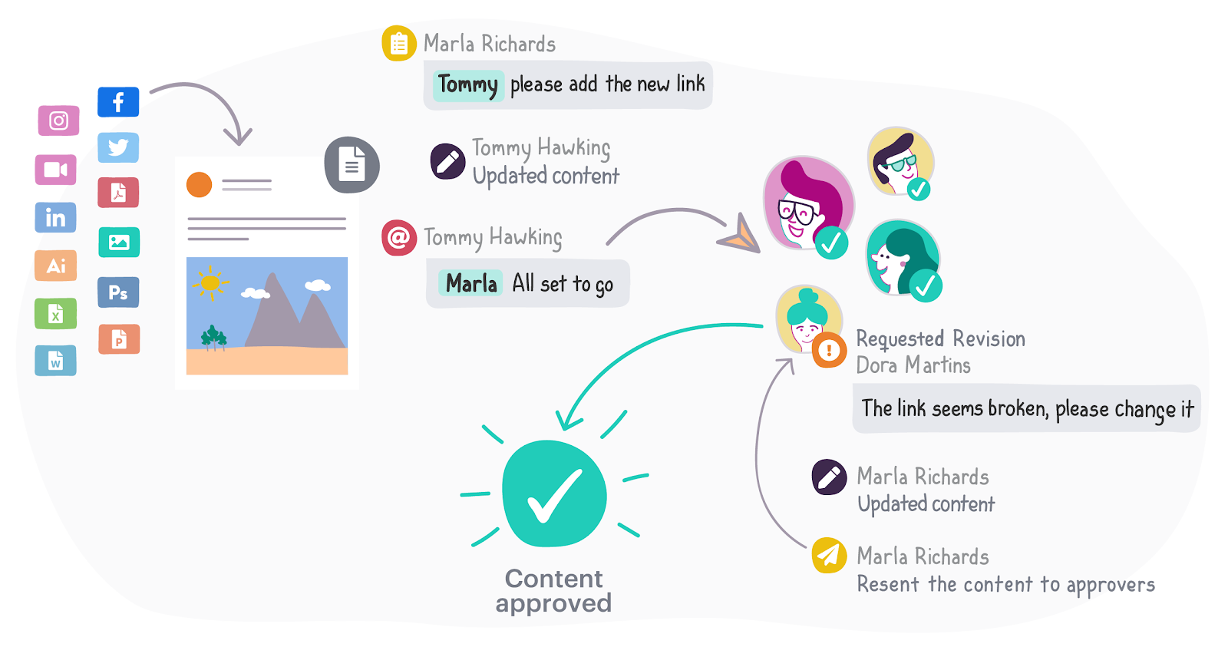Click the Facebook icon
click(x=118, y=102)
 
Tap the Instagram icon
click(x=59, y=120)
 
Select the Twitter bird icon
click(x=118, y=147)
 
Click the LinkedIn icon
click(x=55, y=218)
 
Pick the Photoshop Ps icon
click(x=118, y=292)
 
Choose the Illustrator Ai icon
click(x=55, y=266)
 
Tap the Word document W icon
click(x=55, y=361)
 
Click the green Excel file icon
click(x=55, y=313)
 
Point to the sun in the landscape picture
click(x=210, y=283)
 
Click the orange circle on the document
click(x=199, y=184)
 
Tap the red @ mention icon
click(x=398, y=237)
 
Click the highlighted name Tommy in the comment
click(x=468, y=84)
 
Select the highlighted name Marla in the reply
click(x=471, y=284)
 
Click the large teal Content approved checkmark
click(x=554, y=494)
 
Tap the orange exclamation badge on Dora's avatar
click(x=829, y=351)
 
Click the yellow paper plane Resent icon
click(x=829, y=555)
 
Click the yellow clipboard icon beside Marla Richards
click(x=399, y=44)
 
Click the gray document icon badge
click(x=352, y=165)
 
